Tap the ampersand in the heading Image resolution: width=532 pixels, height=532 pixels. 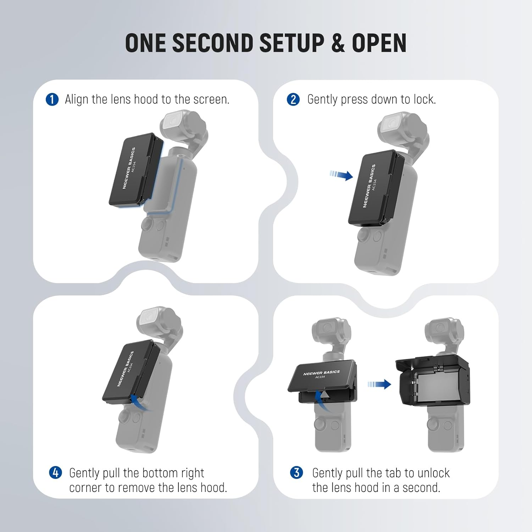click(338, 43)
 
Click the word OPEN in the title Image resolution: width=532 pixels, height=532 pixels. click(379, 43)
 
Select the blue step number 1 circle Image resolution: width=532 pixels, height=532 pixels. click(52, 100)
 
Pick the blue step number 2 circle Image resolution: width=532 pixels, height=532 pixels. click(293, 100)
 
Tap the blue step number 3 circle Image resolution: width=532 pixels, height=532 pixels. click(297, 472)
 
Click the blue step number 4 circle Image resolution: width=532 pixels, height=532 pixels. click(55, 472)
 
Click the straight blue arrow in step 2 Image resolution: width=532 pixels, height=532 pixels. click(342, 175)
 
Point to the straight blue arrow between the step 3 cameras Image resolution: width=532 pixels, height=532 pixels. click(379, 384)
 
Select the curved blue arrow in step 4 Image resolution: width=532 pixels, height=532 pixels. click(139, 402)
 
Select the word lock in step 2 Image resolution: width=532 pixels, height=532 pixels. click(424, 100)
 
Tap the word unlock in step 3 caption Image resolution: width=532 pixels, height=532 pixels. click(433, 473)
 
